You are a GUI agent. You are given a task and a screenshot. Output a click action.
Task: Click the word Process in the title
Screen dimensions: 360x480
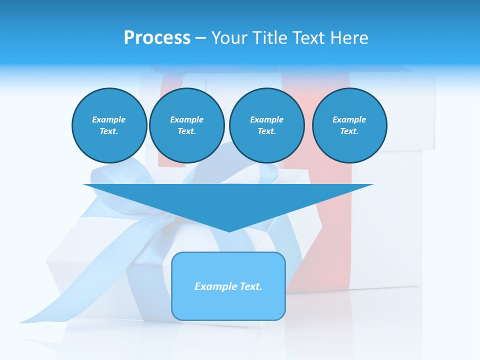(x=157, y=38)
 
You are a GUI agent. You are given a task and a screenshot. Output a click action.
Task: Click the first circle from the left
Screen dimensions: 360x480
(x=109, y=125)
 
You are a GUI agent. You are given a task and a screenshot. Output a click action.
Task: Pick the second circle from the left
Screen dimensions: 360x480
(x=186, y=125)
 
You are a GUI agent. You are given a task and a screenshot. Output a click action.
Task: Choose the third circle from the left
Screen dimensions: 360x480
(x=266, y=125)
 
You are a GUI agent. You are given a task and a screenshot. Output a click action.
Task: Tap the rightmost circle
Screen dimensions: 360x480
(x=349, y=125)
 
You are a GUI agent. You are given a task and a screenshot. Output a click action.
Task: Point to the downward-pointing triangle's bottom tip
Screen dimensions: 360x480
(x=229, y=231)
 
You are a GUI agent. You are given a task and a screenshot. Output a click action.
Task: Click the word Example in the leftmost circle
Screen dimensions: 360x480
(x=109, y=119)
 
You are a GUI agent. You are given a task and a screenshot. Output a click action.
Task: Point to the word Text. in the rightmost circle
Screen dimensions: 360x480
(x=349, y=131)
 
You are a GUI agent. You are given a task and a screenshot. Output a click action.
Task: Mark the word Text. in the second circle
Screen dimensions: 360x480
(x=186, y=131)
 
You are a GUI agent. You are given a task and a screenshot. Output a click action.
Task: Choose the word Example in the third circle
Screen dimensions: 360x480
(x=266, y=119)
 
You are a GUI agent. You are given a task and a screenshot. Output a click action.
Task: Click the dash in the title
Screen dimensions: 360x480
(x=200, y=38)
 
